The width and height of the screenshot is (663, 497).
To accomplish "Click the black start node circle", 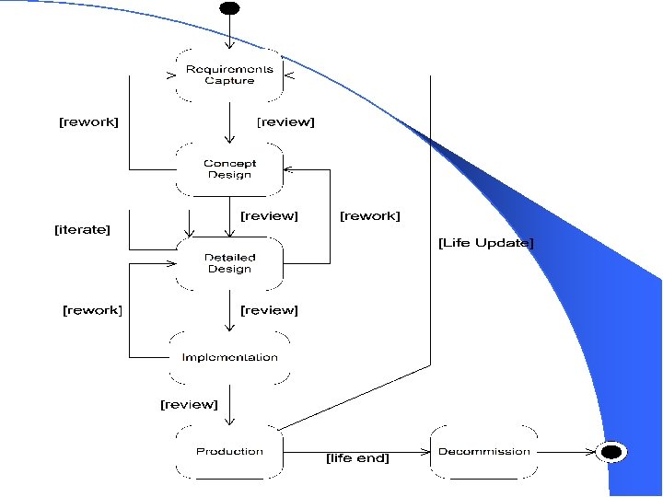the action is [x=229, y=8].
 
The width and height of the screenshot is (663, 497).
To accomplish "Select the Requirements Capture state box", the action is [x=229, y=75].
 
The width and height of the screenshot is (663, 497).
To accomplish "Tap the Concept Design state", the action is [x=229, y=169].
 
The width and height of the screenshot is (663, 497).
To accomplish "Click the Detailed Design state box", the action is [x=229, y=264].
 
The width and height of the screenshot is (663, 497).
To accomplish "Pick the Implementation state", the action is [x=229, y=357].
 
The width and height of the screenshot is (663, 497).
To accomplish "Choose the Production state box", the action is [x=229, y=452].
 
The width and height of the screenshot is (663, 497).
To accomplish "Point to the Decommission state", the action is [x=484, y=452].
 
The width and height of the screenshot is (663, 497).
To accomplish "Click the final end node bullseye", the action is [x=611, y=452].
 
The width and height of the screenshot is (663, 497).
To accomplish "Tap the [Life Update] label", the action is [x=486, y=243].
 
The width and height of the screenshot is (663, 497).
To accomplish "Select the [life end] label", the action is [x=357, y=458].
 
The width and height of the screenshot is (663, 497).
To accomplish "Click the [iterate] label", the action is [x=82, y=229].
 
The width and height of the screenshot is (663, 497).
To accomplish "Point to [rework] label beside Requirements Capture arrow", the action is [x=88, y=122].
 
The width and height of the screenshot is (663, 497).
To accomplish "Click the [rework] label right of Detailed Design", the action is [x=369, y=216].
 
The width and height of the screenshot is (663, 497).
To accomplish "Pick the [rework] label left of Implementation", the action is [x=92, y=310].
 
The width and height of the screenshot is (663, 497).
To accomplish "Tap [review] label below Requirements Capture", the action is [x=285, y=122].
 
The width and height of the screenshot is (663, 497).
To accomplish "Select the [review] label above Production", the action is [x=189, y=404].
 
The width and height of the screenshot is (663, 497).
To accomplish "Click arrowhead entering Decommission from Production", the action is [x=425, y=452].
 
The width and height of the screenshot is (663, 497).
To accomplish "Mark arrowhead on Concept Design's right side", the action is [x=288, y=169].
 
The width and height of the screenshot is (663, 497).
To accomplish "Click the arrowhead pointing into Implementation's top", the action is [x=229, y=327].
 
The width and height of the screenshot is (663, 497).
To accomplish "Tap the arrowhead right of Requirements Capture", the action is [x=289, y=75].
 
